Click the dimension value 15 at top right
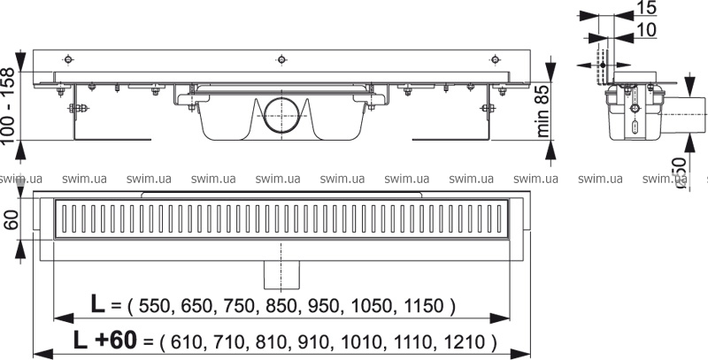coord(646,9)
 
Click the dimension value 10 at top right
coord(646,30)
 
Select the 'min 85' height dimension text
coord(543,110)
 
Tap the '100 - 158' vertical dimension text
coord(9,106)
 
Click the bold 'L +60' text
coord(104,340)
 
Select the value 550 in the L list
coord(155,306)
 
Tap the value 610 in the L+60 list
coord(186,342)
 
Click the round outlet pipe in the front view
coord(281,116)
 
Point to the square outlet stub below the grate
coord(281,275)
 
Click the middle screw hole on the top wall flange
coord(281,59)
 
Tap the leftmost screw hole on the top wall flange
coord(68,59)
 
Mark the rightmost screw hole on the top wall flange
coord(496,59)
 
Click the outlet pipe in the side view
coord(684,115)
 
